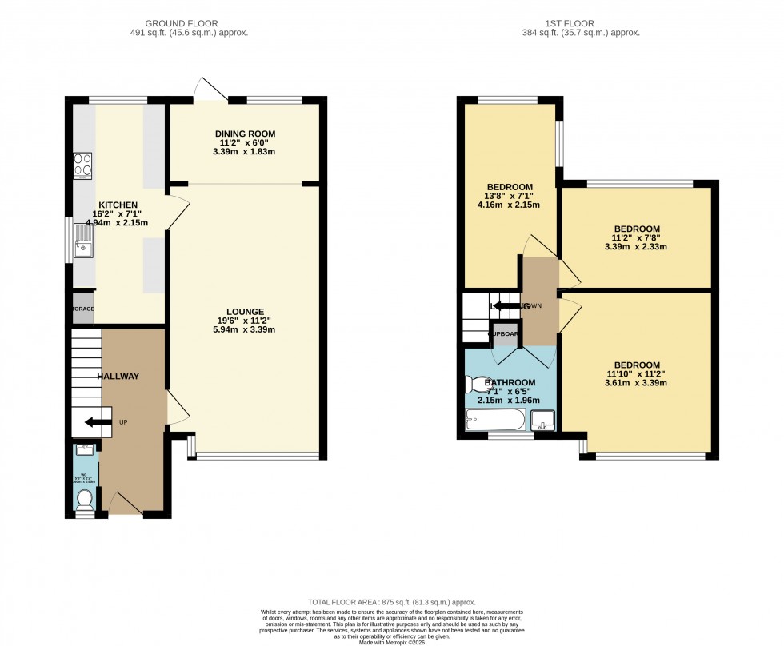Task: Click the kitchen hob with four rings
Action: point(82,165)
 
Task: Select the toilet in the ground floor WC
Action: point(85,499)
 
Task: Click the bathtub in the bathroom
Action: point(494,419)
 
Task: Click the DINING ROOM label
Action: point(245,134)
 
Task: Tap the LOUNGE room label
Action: point(245,311)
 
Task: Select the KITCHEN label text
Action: point(118,205)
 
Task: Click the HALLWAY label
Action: point(118,377)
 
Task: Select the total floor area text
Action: point(392,601)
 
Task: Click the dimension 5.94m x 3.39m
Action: point(245,329)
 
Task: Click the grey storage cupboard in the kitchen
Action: point(83,309)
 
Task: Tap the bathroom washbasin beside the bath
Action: point(542,420)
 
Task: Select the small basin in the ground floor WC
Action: point(84,450)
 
